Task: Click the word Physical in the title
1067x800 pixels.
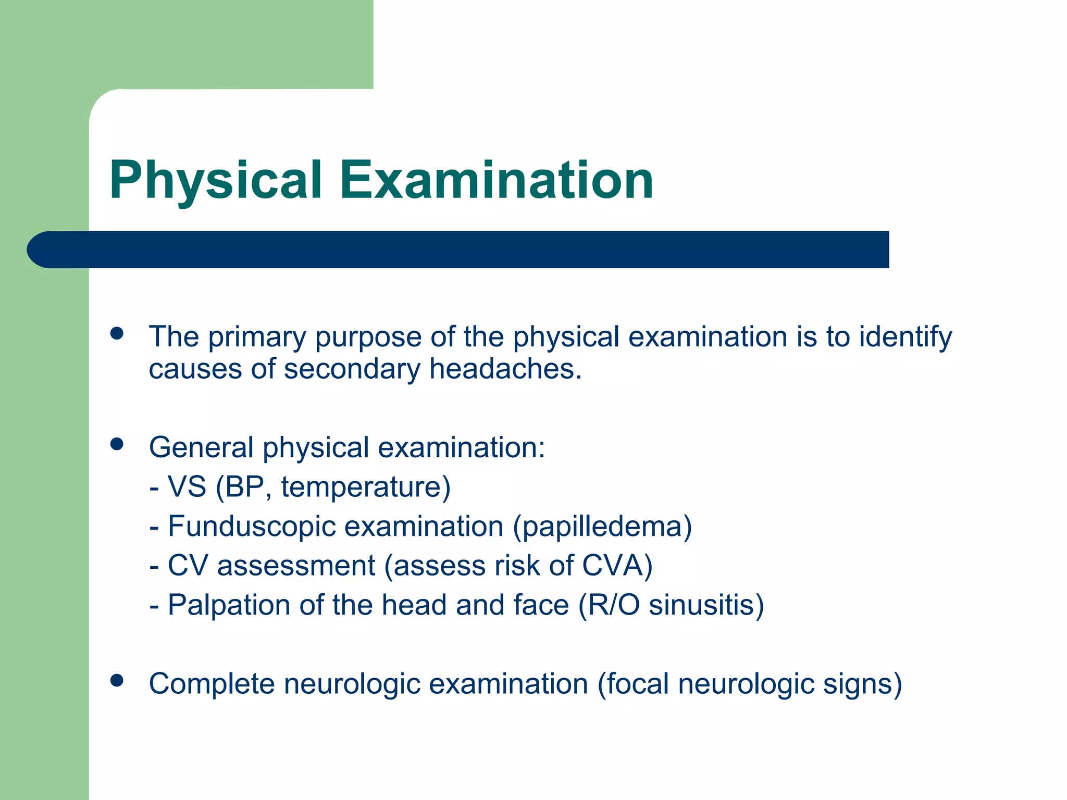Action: pos(215,180)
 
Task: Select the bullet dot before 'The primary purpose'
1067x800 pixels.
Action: pos(117,333)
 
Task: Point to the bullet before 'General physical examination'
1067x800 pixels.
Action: pos(117,444)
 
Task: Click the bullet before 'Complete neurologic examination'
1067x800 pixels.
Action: pos(117,680)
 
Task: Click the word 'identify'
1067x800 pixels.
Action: pos(905,337)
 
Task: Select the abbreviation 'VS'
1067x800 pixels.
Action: pos(187,487)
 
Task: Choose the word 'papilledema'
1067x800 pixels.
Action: pos(603,526)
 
